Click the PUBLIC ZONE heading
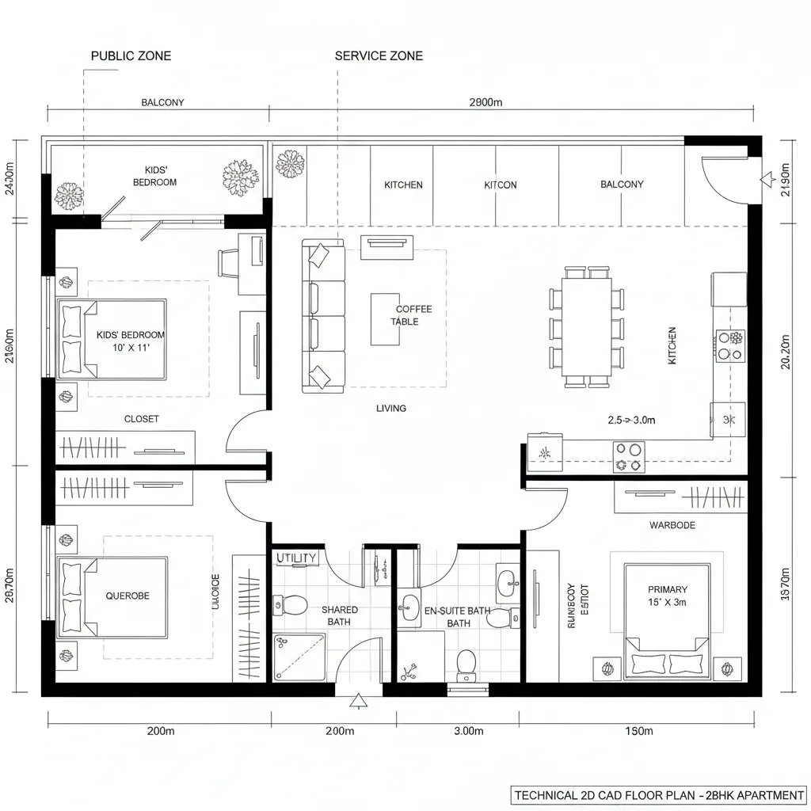[x=131, y=55]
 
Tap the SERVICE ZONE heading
[x=379, y=55]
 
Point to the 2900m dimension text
[x=485, y=102]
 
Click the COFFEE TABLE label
[x=413, y=315]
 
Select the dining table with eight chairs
[x=587, y=326]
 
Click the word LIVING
[x=391, y=409]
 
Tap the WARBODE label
[x=672, y=525]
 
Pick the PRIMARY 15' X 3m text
[x=667, y=596]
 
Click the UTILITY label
[x=296, y=558]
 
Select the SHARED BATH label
[x=339, y=615]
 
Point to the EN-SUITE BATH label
[x=458, y=616]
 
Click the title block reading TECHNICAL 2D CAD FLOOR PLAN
[x=659, y=794]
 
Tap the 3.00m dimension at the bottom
[x=467, y=731]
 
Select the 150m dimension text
[x=638, y=731]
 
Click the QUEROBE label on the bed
[x=128, y=596]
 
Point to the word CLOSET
[x=142, y=419]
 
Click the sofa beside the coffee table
[x=323, y=317]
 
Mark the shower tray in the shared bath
[x=299, y=657]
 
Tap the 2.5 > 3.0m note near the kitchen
[x=632, y=421]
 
